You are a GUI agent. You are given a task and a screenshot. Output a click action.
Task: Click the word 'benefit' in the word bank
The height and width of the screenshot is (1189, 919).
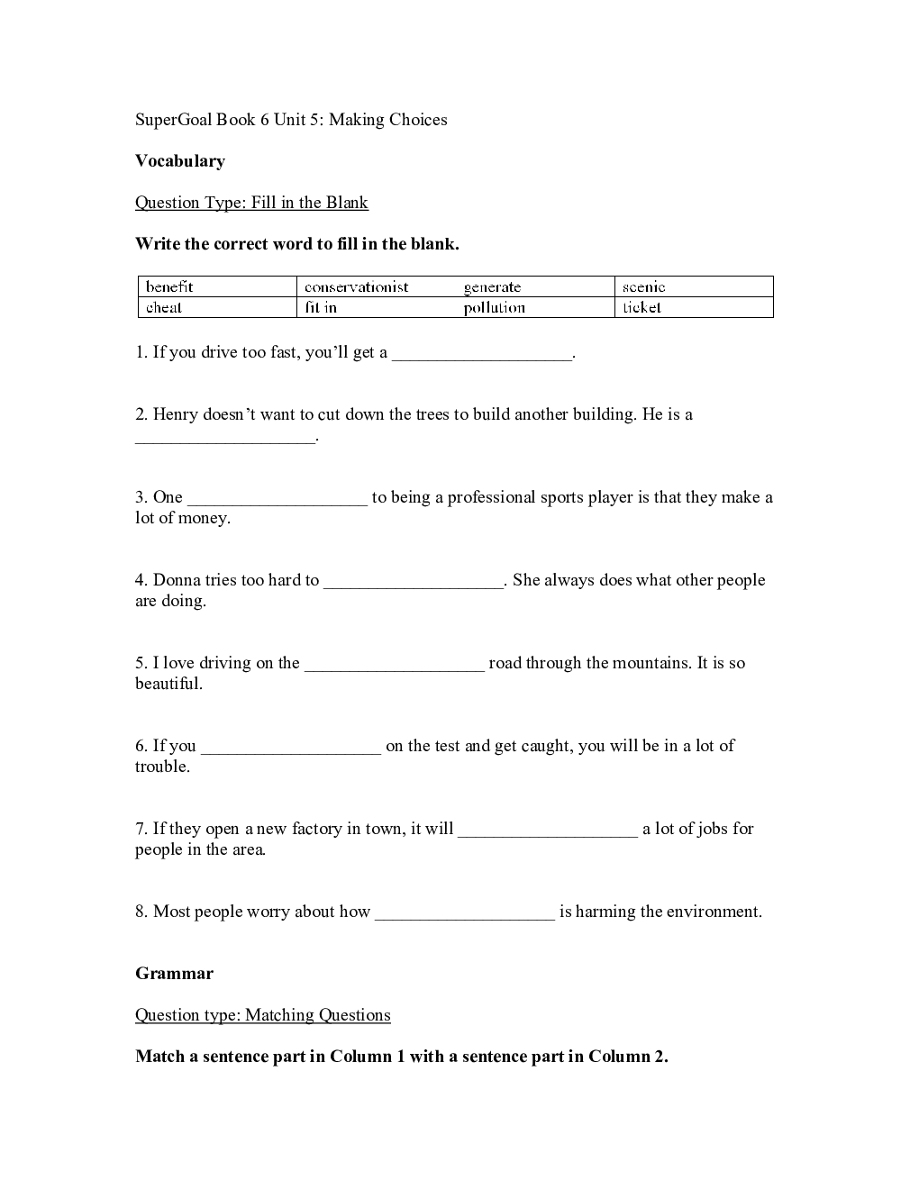click(169, 286)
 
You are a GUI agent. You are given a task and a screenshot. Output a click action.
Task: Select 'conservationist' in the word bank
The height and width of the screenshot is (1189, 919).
click(356, 286)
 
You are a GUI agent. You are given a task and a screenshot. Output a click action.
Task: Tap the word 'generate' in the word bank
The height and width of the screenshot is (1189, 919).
click(492, 286)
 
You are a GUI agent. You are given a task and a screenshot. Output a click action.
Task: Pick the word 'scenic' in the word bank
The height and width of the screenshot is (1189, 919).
click(643, 286)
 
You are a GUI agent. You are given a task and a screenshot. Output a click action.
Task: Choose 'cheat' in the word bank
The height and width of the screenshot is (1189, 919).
click(164, 307)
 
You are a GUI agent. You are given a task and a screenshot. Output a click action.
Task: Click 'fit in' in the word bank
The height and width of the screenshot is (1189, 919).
click(321, 307)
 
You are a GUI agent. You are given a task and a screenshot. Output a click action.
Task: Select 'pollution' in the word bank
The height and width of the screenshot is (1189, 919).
click(494, 307)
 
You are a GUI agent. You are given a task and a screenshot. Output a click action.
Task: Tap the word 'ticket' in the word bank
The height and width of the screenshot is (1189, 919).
click(641, 307)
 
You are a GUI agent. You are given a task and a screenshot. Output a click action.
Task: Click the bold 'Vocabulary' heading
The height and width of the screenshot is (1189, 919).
click(180, 161)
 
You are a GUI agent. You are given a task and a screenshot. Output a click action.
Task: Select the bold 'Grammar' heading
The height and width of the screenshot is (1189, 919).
click(174, 974)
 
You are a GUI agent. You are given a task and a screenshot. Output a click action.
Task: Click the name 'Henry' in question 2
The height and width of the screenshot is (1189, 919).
click(176, 415)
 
